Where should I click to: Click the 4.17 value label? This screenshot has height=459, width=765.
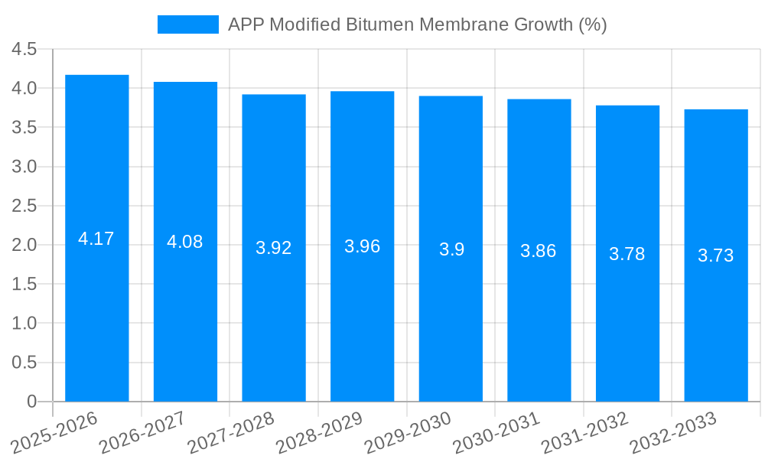(96, 239)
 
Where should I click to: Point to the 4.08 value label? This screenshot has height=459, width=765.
(185, 242)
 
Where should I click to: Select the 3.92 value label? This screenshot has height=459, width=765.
(274, 248)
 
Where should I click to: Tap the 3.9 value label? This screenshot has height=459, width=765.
(451, 249)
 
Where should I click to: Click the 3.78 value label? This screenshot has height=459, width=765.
(627, 254)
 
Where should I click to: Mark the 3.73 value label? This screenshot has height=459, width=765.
(715, 256)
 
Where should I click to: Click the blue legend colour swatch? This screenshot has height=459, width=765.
(187, 24)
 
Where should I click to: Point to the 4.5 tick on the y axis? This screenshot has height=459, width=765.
(24, 49)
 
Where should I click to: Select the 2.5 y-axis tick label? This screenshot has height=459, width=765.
(24, 206)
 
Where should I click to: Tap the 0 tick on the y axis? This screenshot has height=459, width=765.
(31, 402)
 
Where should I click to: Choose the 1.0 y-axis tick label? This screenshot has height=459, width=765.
(24, 324)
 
